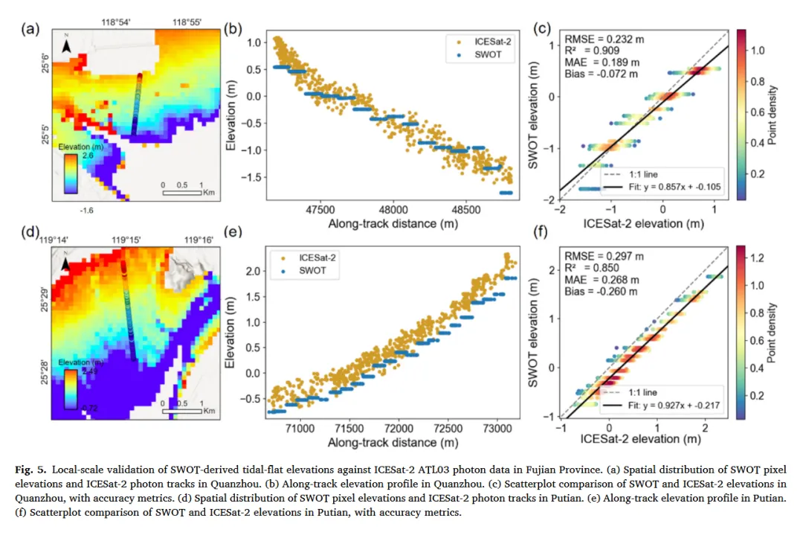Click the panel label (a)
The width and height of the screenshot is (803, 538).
click(30, 29)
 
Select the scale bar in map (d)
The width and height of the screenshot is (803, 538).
click(182, 409)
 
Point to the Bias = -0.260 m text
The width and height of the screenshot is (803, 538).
click(602, 292)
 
